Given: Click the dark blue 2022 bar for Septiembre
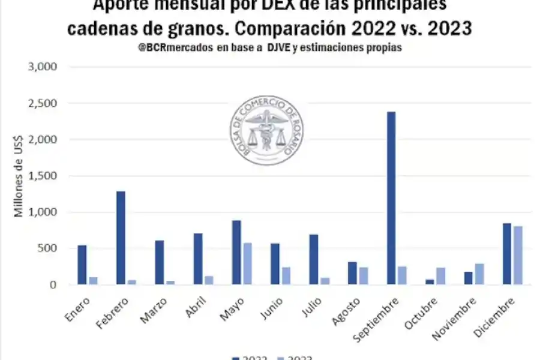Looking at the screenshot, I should click(x=391, y=198).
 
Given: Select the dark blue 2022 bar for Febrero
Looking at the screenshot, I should click(x=121, y=238).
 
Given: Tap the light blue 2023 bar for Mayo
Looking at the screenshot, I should click(x=247, y=263).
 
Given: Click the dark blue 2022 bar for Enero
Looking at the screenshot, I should click(x=82, y=265).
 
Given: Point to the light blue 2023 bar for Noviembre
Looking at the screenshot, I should click(x=479, y=274).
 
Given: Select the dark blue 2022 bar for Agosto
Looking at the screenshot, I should click(x=352, y=273).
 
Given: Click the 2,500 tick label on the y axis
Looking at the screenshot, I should click(x=43, y=103).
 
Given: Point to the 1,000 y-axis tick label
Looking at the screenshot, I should click(x=43, y=212).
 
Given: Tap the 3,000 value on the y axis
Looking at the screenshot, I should click(x=43, y=67).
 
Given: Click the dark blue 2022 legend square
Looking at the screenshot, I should click(x=236, y=358).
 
